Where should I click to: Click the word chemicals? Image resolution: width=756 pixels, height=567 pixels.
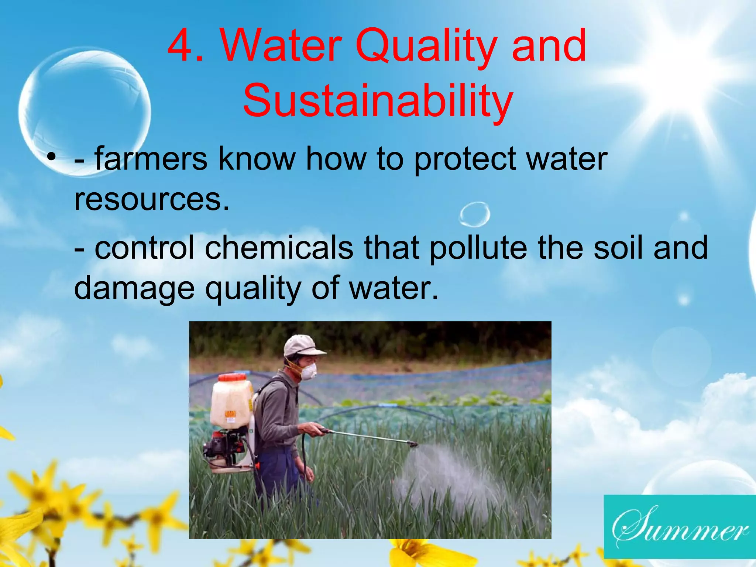tap(279, 248)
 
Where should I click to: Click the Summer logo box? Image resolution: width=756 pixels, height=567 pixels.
tap(680, 526)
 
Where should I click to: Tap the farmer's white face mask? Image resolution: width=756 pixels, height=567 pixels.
tap(309, 371)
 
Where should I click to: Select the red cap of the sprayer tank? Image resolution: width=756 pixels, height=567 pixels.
tap(232, 378)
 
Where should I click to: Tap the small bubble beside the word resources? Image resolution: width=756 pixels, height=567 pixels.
tap(475, 214)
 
